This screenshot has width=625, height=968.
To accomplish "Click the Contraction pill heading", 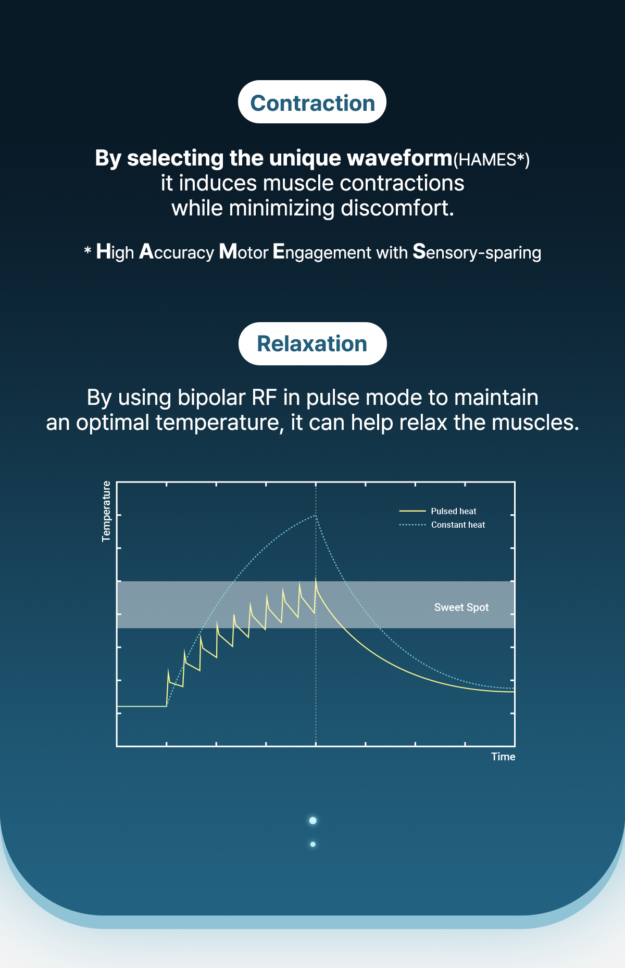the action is (312, 102).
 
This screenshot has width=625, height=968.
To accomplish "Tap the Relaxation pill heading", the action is (312, 343).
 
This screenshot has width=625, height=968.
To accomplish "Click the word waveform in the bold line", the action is (399, 158).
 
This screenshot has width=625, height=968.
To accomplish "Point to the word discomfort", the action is (397, 208).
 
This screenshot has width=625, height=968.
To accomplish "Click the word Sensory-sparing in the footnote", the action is (477, 252).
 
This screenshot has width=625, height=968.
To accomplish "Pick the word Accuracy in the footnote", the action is (177, 252).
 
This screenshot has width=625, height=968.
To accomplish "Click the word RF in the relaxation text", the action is (264, 398).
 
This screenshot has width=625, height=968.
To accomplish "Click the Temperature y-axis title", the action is (107, 511).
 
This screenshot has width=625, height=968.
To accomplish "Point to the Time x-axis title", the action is (503, 757).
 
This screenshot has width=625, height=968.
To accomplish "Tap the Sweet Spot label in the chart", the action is (461, 607).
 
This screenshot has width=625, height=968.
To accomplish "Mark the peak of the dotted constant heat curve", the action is (315, 516).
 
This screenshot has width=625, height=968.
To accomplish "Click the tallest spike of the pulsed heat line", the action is (316, 579).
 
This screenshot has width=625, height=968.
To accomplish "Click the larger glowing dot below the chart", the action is (312, 821).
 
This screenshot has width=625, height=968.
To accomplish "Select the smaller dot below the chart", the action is (312, 844).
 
